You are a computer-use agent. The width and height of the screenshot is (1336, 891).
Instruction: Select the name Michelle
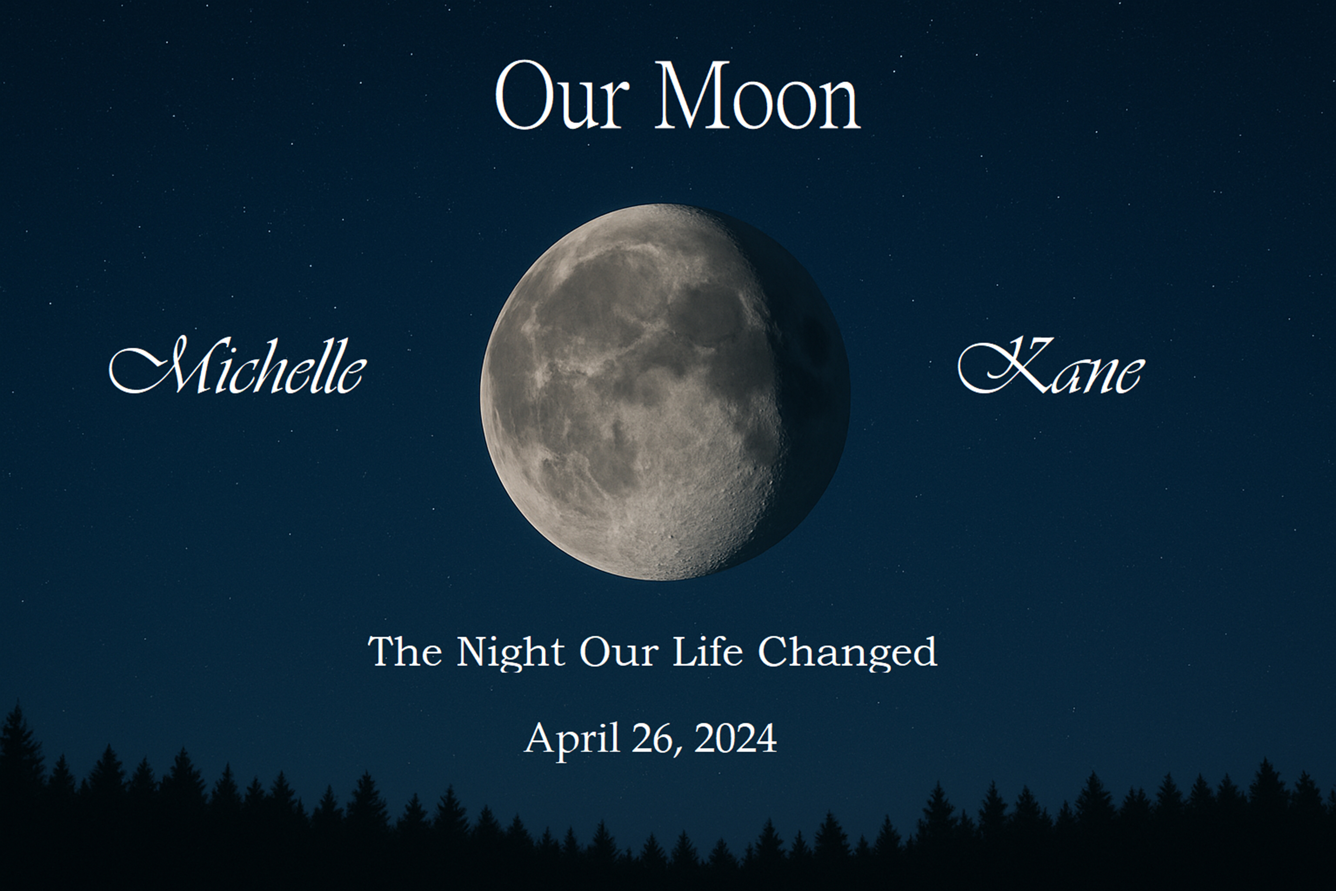[x=238, y=365]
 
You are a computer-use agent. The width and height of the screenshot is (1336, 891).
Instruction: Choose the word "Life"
[x=707, y=651]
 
